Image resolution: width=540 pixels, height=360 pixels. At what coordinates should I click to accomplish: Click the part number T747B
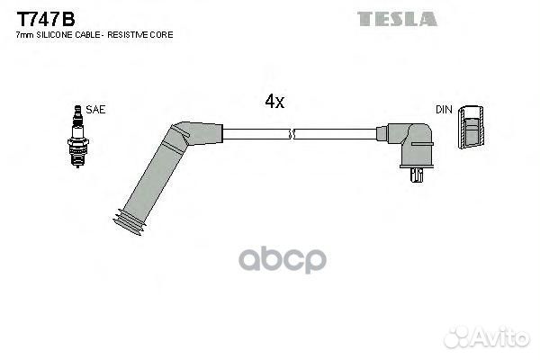coord(46,19)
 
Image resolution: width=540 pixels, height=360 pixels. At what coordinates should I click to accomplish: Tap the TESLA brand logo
coord(397,19)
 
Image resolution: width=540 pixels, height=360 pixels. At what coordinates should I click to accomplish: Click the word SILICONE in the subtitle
coord(54,35)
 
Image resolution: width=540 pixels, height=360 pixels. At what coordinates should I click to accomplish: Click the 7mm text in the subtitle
coord(25,35)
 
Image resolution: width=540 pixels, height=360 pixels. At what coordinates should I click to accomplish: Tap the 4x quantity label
coord(274,101)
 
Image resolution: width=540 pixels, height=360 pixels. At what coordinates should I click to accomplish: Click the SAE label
coord(95,110)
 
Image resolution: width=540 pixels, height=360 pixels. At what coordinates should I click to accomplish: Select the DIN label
coord(444,110)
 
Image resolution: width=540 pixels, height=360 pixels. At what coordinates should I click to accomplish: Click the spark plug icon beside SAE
coord(77,137)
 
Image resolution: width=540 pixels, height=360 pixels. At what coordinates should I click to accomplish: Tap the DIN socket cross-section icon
coord(471,128)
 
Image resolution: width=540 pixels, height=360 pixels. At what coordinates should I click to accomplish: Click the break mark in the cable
coord(292,134)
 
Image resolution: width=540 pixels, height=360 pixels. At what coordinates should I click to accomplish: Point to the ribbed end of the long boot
coord(130,222)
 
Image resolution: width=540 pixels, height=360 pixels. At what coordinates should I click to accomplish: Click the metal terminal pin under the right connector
coord(417,175)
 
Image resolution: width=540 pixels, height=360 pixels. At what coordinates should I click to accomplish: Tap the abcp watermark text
coord(283,259)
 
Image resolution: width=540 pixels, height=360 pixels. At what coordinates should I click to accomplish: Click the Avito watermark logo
coord(487,337)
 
